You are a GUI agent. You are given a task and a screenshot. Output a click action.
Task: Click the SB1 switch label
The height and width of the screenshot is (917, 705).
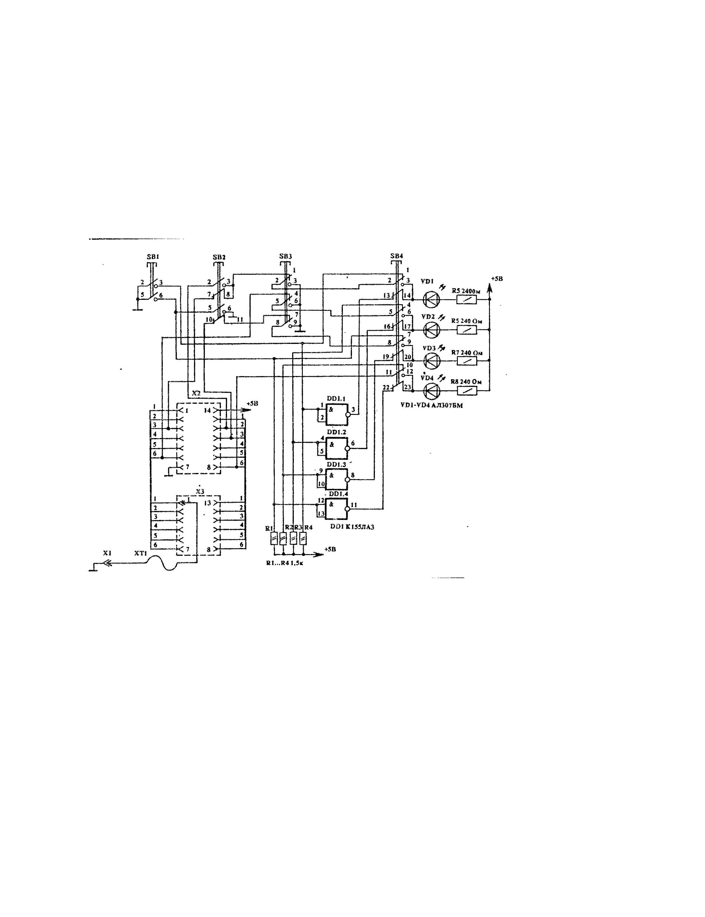[153, 257]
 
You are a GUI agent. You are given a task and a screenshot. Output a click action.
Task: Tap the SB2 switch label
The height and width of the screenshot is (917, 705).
[219, 257]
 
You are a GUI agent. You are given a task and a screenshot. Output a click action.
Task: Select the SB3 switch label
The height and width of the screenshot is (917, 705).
[285, 256]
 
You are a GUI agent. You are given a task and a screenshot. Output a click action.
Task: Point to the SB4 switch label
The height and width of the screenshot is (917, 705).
[396, 256]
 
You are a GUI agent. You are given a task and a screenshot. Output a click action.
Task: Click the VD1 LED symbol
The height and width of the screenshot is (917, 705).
[431, 299]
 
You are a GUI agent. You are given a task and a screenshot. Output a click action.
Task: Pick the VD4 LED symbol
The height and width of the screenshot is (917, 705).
[431, 391]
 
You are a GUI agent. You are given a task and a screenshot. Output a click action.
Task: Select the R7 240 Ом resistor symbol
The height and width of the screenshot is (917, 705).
[467, 360]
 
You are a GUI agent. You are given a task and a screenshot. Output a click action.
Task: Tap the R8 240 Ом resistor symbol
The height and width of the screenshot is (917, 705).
[467, 391]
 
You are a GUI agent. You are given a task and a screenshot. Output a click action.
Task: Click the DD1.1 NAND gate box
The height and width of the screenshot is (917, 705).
[336, 415]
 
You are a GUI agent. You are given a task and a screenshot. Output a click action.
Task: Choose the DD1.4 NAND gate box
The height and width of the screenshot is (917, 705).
[336, 509]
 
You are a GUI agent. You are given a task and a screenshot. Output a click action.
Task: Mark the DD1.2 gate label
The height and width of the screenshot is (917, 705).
[336, 432]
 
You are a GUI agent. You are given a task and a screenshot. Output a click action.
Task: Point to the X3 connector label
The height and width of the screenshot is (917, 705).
[200, 491]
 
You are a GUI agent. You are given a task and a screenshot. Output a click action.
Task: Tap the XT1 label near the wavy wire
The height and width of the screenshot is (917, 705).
[141, 554]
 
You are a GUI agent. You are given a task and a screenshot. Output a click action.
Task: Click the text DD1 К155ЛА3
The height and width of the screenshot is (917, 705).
[352, 527]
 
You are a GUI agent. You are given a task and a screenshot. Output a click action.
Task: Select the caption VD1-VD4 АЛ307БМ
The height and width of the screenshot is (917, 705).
[431, 406]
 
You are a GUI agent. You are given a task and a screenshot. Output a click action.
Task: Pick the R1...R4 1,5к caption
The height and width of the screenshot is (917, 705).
[284, 563]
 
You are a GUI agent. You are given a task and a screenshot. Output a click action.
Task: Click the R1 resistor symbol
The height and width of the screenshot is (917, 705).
[274, 538]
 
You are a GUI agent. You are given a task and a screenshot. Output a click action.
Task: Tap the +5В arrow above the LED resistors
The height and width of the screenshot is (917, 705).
[489, 288]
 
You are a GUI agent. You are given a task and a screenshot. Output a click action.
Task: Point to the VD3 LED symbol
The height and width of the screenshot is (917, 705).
[431, 360]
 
